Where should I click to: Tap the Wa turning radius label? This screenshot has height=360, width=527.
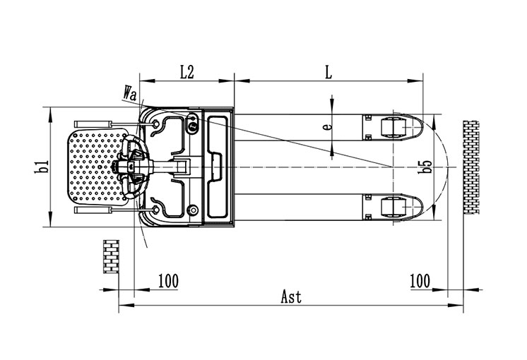click(x=131, y=93)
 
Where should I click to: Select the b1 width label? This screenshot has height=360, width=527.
click(x=42, y=167)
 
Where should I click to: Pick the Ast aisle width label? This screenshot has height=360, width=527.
click(x=291, y=297)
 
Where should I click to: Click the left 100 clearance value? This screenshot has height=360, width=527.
click(x=168, y=281)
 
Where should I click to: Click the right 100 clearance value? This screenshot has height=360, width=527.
click(x=420, y=281)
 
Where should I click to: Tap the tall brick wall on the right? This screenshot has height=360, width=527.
click(x=471, y=167)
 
